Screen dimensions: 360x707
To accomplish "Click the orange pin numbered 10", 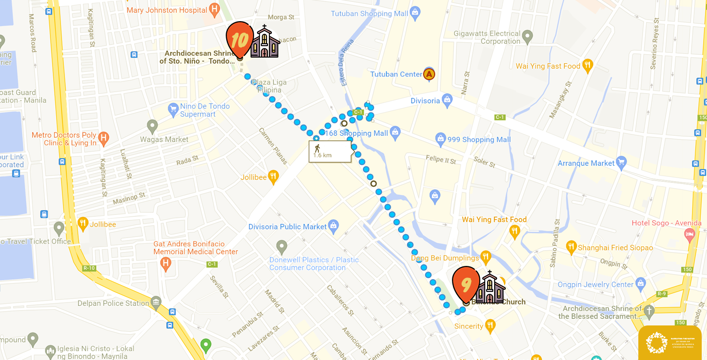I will point(240,39).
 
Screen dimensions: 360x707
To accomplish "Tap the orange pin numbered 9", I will point(466,284).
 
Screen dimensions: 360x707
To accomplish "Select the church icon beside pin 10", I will point(265,42).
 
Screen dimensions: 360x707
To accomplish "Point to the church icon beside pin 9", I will point(490,288).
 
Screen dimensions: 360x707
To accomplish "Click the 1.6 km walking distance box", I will point(330,151).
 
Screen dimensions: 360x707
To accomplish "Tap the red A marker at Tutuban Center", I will point(429,74).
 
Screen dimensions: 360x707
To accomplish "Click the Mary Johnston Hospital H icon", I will point(215,9).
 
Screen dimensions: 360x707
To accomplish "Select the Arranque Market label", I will point(586,163).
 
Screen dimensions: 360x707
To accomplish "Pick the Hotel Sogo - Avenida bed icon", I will point(689,234).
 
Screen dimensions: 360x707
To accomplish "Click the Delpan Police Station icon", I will point(156,303).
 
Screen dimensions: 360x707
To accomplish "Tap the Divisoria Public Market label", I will point(287,227).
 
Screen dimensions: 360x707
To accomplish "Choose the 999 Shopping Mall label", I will point(479,140).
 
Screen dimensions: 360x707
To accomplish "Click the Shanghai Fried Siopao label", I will point(615,248).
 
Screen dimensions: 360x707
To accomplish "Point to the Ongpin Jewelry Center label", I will point(596,285).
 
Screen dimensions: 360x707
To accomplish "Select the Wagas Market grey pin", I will point(153,127).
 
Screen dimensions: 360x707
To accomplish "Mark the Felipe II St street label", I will point(441,158).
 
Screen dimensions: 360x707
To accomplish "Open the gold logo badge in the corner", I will point(670,342).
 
